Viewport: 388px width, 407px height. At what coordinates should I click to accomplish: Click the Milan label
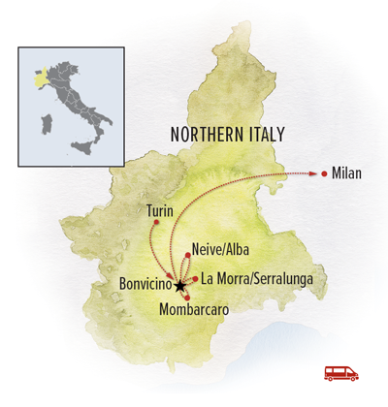click(346, 174)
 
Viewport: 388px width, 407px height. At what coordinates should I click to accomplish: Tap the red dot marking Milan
click(323, 174)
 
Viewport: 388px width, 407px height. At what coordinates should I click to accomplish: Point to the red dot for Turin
click(155, 224)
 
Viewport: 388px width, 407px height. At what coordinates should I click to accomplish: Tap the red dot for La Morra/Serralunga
click(196, 279)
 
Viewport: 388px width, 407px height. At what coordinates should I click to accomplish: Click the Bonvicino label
click(144, 286)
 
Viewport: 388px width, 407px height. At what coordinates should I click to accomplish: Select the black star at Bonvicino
click(179, 286)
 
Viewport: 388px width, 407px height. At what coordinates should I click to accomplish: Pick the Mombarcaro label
click(194, 310)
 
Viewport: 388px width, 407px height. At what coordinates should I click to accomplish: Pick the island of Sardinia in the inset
click(44, 124)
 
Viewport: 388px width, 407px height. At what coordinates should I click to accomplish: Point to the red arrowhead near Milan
click(313, 174)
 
